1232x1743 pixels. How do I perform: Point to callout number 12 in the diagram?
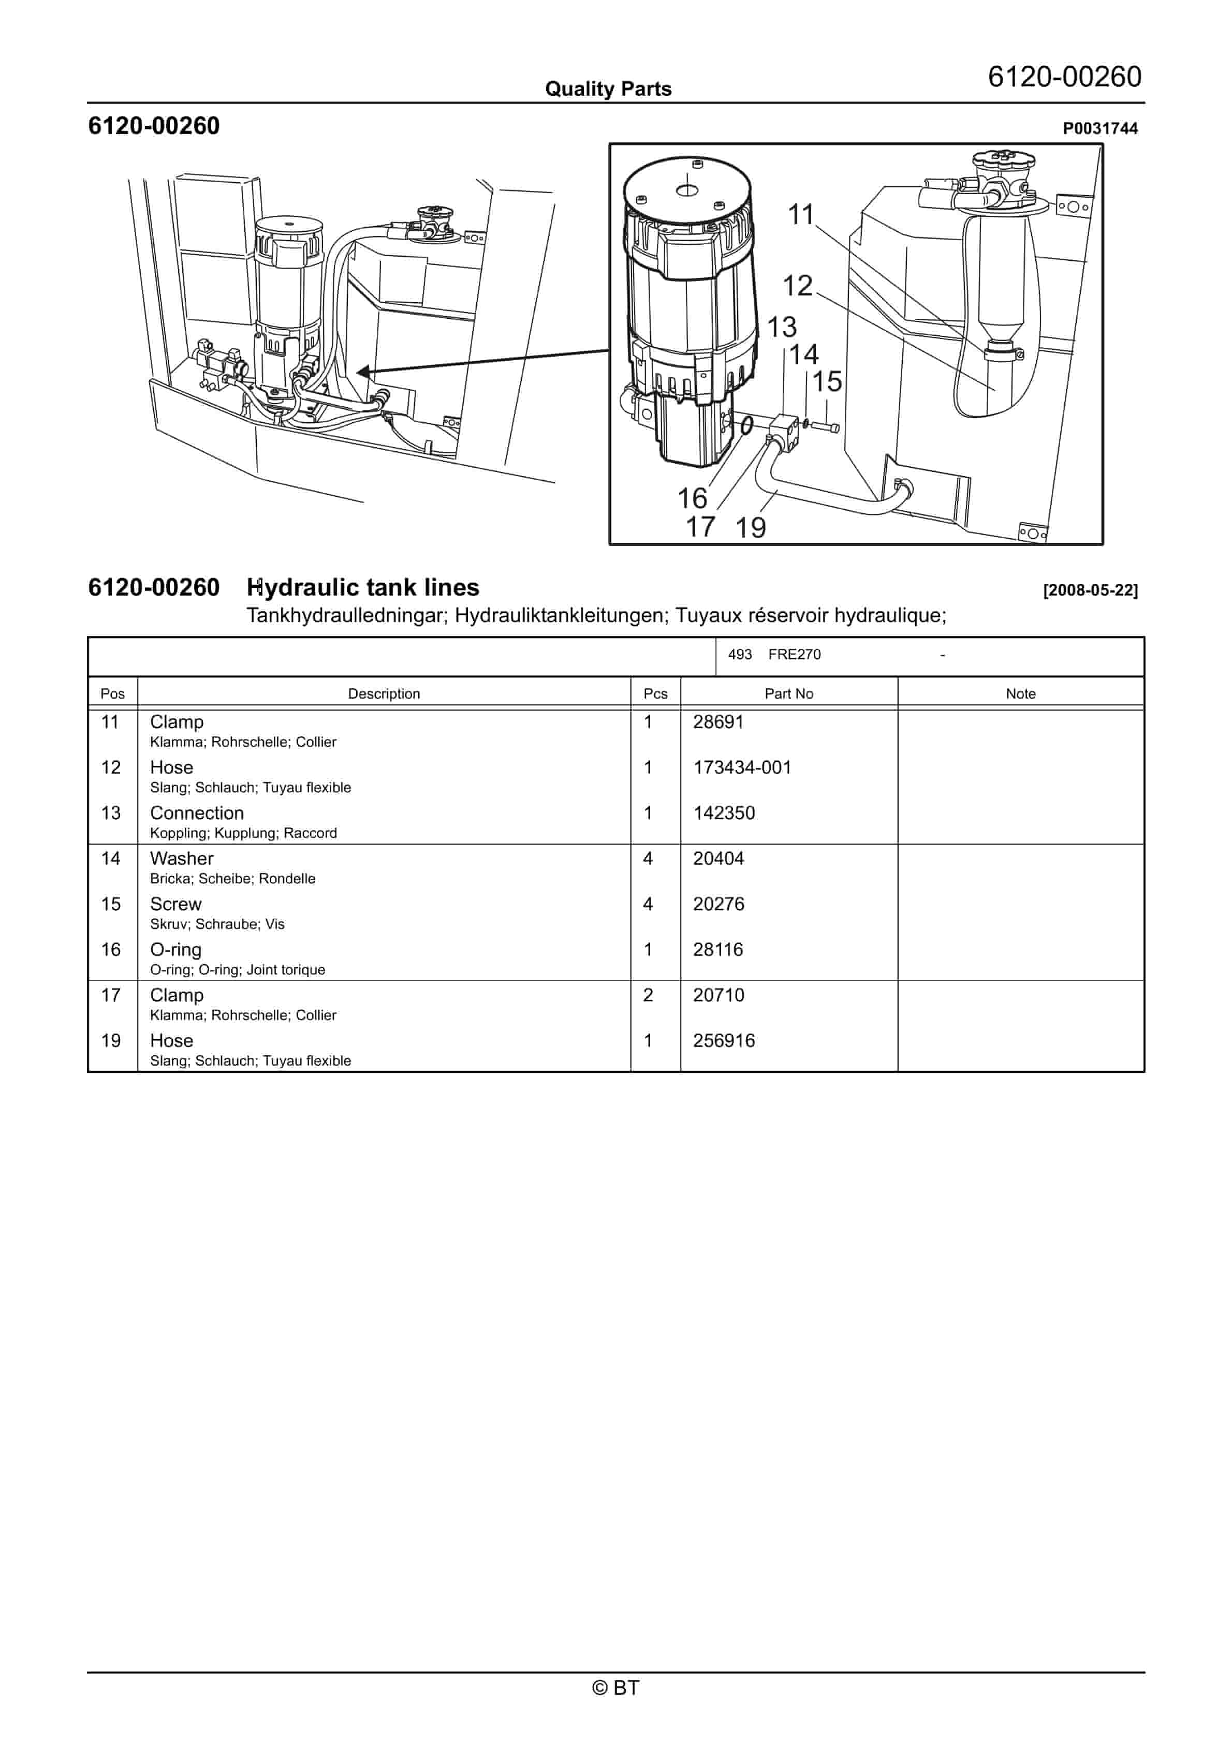tap(798, 286)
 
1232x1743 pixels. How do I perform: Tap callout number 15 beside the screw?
tap(827, 382)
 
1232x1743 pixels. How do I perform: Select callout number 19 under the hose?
tap(751, 527)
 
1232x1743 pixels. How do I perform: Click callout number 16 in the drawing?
tap(692, 499)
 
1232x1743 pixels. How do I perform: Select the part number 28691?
tap(718, 722)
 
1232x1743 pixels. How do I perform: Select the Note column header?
tap(1020, 694)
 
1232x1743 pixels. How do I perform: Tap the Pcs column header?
tap(655, 694)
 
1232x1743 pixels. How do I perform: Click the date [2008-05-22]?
tap(1090, 590)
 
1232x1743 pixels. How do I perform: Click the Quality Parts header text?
tap(608, 89)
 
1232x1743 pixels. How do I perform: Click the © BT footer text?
tap(615, 1688)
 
